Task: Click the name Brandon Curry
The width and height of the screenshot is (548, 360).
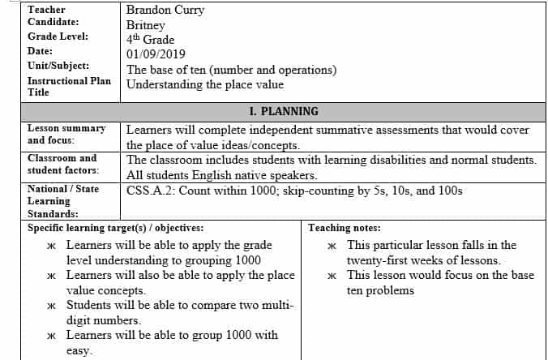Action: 165,10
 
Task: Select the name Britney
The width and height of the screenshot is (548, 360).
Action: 146,25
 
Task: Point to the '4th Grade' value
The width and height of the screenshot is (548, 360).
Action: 150,40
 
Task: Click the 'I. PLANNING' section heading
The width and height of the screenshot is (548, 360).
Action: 284,111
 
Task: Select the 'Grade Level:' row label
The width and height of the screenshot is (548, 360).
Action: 58,36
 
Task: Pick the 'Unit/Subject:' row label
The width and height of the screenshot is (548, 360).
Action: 58,66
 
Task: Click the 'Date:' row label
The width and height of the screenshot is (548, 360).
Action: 41,51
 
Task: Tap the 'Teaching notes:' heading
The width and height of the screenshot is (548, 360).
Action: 345,228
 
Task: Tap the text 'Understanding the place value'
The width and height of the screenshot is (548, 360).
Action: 205,84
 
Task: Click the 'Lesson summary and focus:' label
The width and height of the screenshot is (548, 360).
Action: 66,134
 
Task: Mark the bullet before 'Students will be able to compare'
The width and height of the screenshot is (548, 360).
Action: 51,306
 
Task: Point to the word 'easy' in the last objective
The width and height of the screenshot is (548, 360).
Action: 79,350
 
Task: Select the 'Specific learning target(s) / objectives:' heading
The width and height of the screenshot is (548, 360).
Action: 115,228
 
